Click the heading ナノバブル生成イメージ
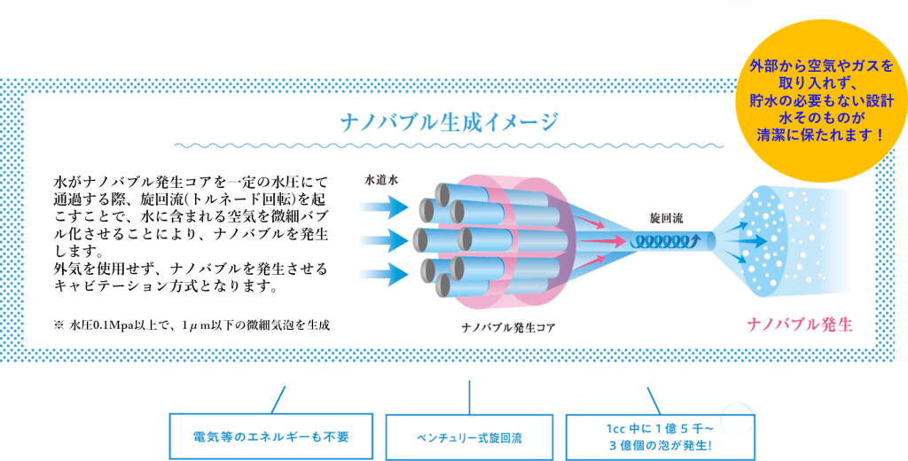[450, 121]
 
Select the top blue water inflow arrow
[385, 207]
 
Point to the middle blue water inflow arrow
[385, 238]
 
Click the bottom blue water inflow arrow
[385, 272]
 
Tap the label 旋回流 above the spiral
[667, 217]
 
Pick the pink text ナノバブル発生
[800, 324]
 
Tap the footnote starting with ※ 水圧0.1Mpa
[192, 324]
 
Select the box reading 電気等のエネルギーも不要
[270, 436]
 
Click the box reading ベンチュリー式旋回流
[469, 437]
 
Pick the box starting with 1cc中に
[660, 436]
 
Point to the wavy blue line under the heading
[450, 145]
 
